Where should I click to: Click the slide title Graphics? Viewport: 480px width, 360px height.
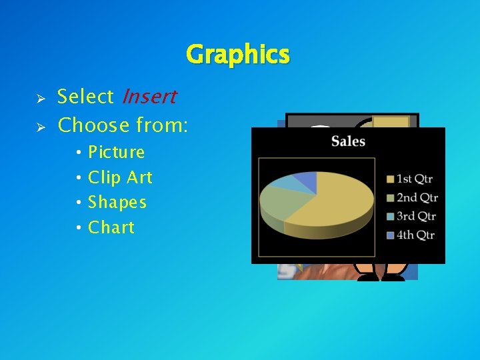[x=238, y=54]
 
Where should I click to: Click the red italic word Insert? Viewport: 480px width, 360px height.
[x=149, y=97]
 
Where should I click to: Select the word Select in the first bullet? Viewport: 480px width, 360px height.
[x=85, y=97]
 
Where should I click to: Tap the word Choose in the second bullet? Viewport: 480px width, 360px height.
[x=93, y=125]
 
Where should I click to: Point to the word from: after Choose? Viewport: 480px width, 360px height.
[x=161, y=125]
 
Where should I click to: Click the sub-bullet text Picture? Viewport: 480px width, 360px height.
[x=117, y=153]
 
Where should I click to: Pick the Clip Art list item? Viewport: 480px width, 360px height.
[x=120, y=178]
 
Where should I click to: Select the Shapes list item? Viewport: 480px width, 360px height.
[x=117, y=203]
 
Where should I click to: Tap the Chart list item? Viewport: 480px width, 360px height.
[x=111, y=227]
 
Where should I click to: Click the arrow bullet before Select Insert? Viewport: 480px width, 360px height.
[x=40, y=98]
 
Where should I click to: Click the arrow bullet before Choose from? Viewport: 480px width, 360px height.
[x=40, y=126]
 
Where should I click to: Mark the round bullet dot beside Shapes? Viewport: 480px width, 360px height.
[x=79, y=203]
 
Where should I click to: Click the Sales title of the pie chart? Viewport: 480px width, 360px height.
[x=348, y=141]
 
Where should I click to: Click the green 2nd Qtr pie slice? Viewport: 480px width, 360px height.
[x=277, y=200]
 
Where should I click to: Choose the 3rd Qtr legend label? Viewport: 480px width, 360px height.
[x=417, y=216]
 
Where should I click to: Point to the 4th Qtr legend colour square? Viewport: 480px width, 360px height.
[x=390, y=235]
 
